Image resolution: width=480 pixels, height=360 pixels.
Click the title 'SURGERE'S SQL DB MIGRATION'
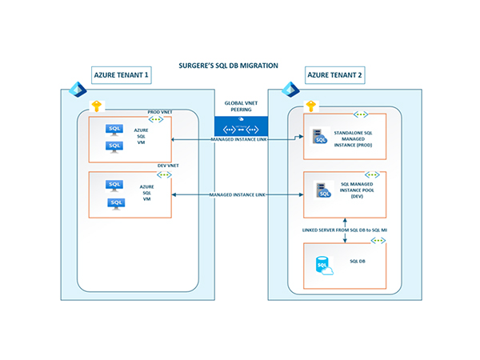240,66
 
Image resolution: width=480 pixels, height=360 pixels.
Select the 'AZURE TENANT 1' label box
120,76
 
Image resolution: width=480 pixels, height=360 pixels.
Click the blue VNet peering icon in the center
240,127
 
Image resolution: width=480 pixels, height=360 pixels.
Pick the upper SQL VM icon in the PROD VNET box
115,128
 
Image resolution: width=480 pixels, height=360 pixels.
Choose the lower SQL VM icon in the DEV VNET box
115,203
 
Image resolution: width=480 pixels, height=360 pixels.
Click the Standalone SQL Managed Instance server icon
319,138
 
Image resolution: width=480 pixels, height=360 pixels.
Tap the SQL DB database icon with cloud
325,266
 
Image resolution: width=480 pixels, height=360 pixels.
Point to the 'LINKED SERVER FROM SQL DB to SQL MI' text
344,230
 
